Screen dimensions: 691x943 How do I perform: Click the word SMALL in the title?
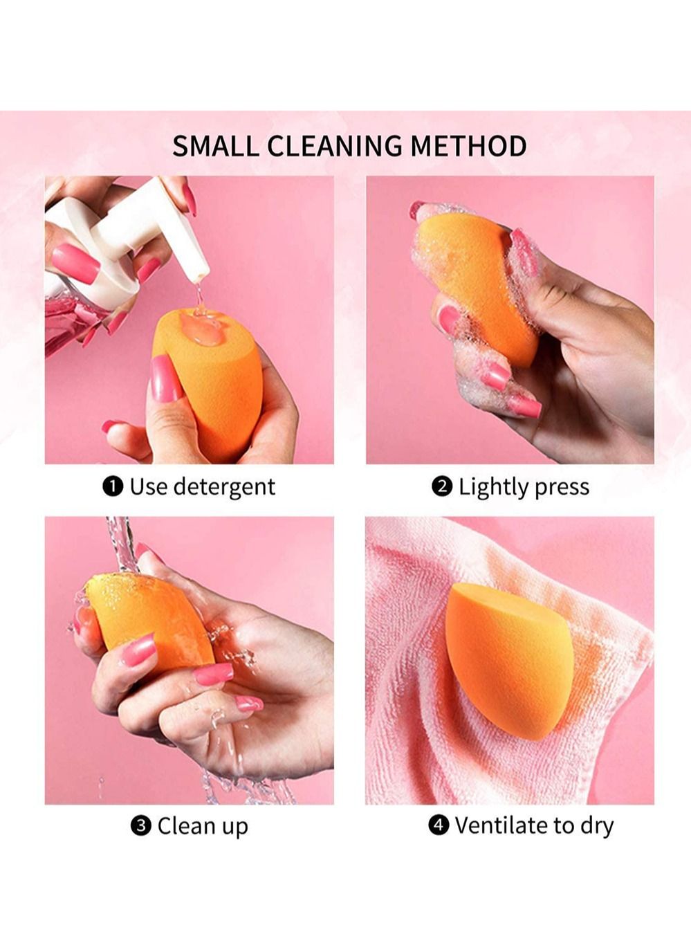(215, 146)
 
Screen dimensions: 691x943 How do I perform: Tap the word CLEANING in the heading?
(334, 146)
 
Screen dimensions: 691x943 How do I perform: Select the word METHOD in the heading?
(468, 146)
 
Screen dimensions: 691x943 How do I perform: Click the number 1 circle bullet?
(113, 487)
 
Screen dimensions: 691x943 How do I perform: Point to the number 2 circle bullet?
(442, 487)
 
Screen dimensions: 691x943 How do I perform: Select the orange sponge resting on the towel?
(508, 660)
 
